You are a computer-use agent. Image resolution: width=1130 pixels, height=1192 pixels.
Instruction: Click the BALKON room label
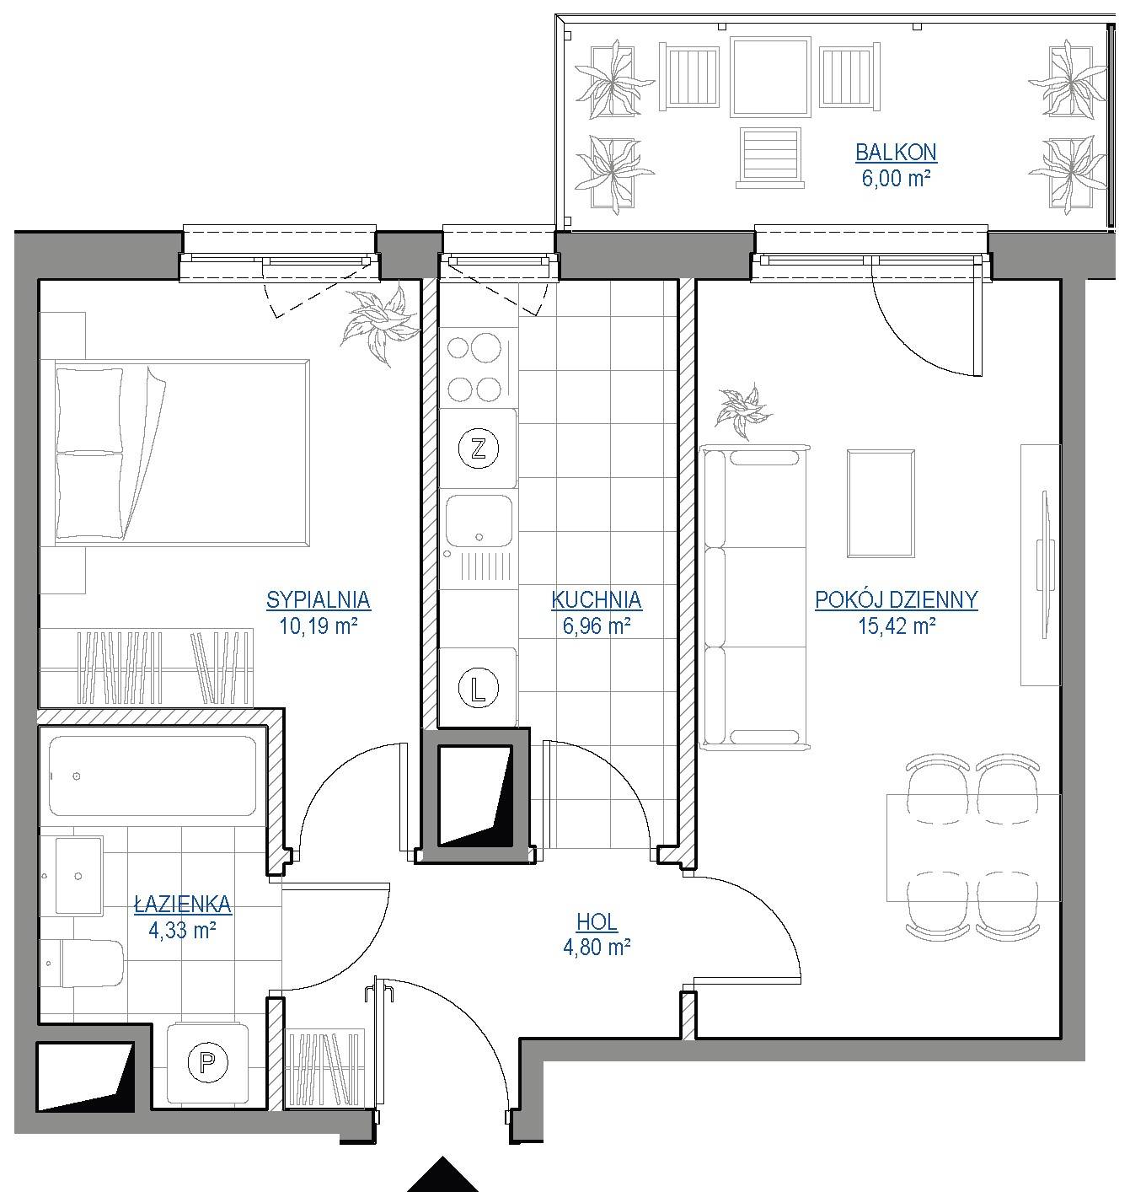[x=896, y=152]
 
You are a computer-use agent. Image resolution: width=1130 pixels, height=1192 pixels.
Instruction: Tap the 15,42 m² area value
[x=896, y=626]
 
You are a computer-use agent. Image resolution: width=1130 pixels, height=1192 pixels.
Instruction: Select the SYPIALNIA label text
[x=319, y=599]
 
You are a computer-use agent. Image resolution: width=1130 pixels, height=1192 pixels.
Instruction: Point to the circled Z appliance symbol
[x=479, y=448]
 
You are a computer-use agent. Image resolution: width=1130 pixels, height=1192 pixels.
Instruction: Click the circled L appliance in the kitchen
[x=479, y=688]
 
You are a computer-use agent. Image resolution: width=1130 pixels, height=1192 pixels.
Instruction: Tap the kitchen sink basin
[x=479, y=521]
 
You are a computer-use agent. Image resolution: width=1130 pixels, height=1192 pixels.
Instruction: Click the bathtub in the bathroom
[x=153, y=776]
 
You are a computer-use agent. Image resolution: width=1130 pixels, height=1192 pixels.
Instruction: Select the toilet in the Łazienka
[x=82, y=964]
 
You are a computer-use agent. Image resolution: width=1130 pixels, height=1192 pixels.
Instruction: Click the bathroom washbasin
[x=79, y=876]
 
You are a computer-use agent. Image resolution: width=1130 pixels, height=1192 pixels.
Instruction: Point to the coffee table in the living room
[x=881, y=503]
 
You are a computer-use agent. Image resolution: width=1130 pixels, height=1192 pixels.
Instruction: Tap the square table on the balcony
[x=770, y=77]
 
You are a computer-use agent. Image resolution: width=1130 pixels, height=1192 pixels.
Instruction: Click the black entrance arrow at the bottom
[x=442, y=1176]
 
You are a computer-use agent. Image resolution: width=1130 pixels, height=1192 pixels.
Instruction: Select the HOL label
[x=597, y=922]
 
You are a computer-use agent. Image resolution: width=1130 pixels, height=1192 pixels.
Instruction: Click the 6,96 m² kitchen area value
[x=597, y=626]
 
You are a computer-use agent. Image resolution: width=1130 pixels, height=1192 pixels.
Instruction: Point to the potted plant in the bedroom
[x=380, y=324]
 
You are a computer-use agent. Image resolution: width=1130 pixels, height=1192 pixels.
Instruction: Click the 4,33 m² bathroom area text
[x=183, y=930]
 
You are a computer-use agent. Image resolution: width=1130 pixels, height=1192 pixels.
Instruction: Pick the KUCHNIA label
[x=597, y=599]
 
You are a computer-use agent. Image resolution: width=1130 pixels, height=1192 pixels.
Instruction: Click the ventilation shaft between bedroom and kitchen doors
[x=475, y=796]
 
